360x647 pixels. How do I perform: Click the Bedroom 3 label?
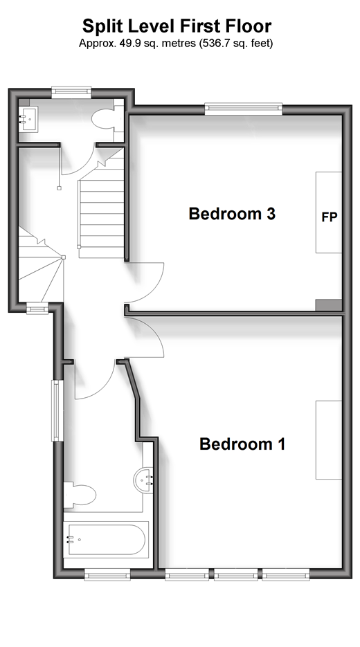point(232,214)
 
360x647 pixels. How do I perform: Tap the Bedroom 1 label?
point(242,444)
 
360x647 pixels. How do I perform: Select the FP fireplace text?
point(330,217)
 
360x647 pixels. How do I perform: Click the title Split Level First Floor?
point(177,26)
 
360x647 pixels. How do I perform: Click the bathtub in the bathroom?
point(106,540)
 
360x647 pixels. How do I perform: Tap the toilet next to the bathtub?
point(80,495)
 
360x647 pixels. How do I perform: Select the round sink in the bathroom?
point(143,480)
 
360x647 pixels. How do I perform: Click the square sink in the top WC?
point(28,119)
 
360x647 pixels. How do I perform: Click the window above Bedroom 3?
point(244,109)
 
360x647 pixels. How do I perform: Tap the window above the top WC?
point(71,93)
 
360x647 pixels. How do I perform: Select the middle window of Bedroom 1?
point(236,574)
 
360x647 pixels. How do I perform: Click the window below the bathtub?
point(107,574)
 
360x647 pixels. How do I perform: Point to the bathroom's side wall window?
point(57,410)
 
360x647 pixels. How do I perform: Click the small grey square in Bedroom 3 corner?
point(329,305)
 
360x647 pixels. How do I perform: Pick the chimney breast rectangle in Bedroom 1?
point(329,440)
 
